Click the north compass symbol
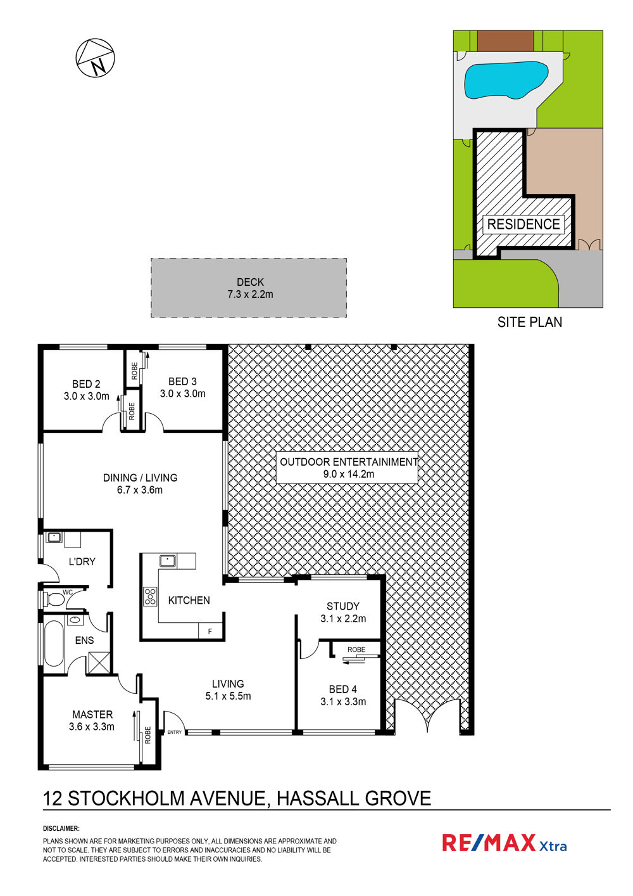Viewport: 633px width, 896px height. (x=95, y=58)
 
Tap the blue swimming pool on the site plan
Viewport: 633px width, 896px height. (x=505, y=80)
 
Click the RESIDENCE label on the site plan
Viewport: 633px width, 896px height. (x=523, y=224)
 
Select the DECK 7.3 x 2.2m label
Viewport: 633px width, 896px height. (x=250, y=288)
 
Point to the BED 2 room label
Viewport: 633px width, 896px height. (x=86, y=390)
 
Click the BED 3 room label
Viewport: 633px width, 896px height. (x=183, y=387)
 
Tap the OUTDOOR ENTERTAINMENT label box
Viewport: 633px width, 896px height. (x=347, y=468)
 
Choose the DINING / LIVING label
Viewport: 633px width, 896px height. (x=140, y=483)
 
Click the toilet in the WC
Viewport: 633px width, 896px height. (x=53, y=599)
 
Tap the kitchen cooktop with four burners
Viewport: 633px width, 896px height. (x=150, y=596)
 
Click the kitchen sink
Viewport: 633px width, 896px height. (x=168, y=561)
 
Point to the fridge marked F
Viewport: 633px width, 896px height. (x=210, y=630)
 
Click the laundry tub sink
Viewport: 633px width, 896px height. (x=54, y=537)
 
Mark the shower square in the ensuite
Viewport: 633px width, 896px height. (x=99, y=663)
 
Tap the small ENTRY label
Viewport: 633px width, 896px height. (x=174, y=732)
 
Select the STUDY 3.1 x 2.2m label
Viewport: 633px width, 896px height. (x=343, y=612)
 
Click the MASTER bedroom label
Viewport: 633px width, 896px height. (x=92, y=720)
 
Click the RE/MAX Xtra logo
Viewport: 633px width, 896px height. (x=505, y=842)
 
